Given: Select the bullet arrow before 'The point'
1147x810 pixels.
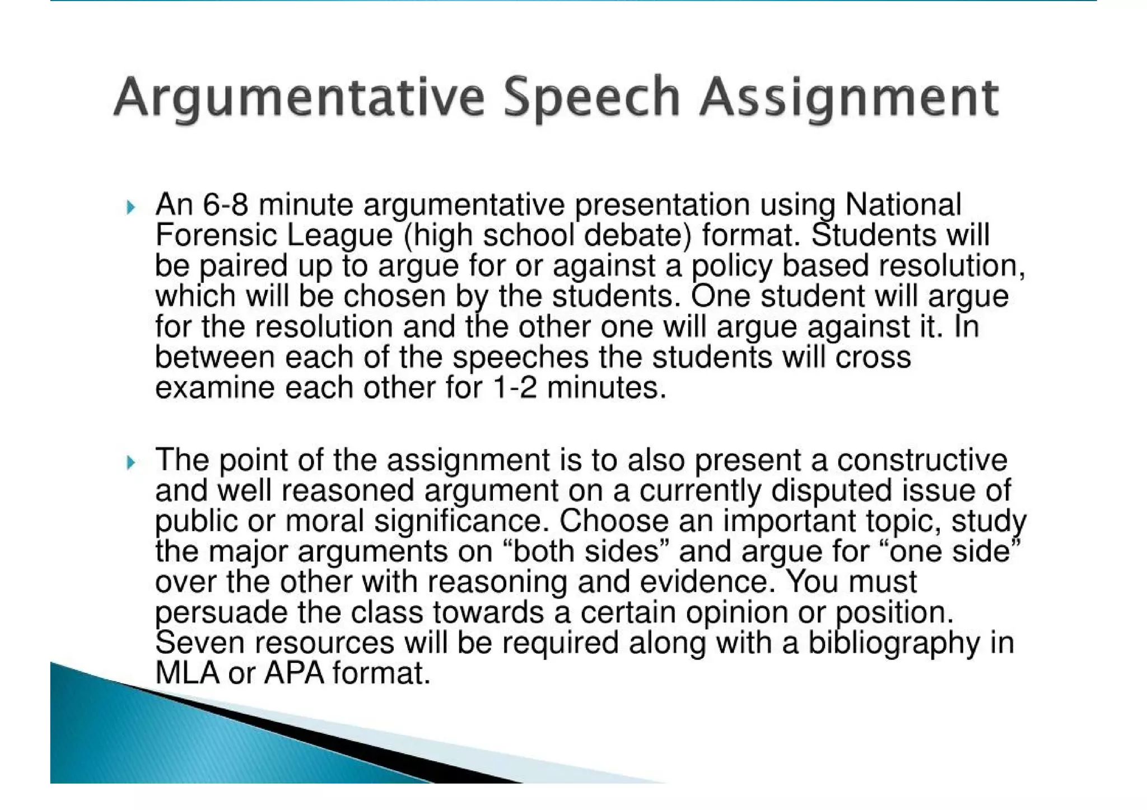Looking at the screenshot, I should (x=130, y=463).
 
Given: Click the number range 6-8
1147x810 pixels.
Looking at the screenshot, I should (x=225, y=205).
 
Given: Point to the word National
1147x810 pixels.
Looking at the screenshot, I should (x=903, y=205).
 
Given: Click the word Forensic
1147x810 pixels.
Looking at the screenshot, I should (x=216, y=235).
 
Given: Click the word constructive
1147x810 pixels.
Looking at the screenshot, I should (x=922, y=460).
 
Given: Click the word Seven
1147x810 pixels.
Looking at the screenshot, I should (x=200, y=643).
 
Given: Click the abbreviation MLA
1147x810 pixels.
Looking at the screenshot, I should (x=187, y=673).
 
